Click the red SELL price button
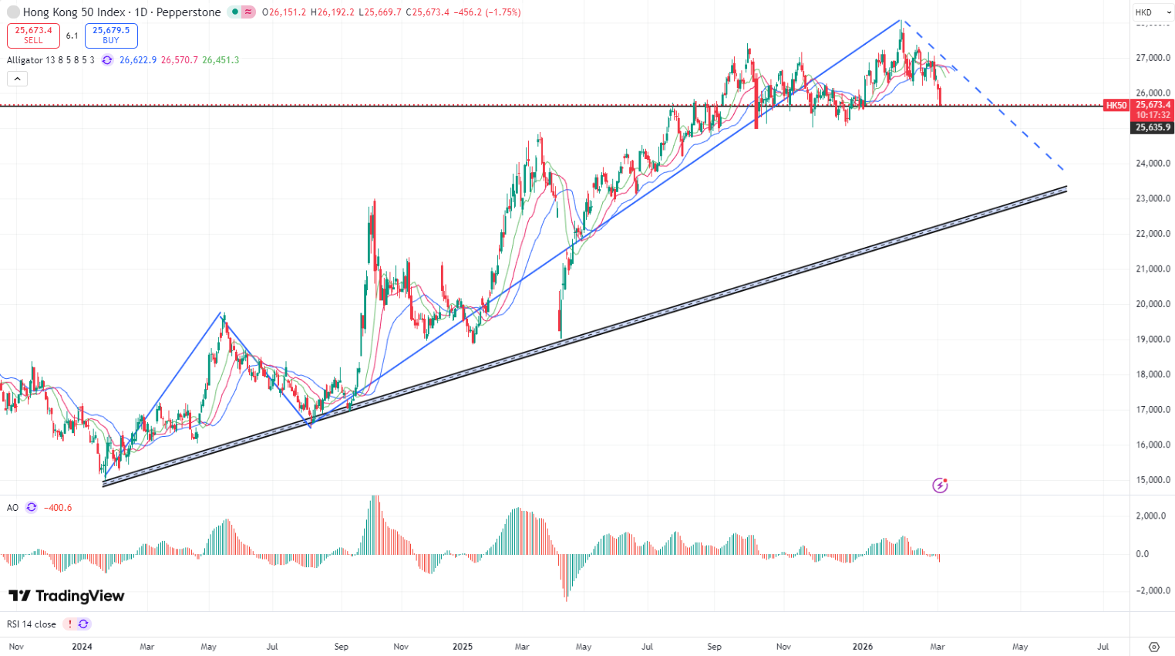(33, 36)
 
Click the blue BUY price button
(111, 36)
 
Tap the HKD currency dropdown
(1153, 12)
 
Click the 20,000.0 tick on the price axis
(1153, 304)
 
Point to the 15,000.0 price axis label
(1153, 480)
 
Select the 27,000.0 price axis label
(1153, 58)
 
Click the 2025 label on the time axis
(462, 647)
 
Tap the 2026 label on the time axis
(863, 647)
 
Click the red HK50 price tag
(1116, 106)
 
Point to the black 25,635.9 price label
(1153, 128)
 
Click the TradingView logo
(66, 596)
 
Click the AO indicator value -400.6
(58, 508)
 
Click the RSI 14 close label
(32, 624)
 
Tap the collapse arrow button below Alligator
(17, 79)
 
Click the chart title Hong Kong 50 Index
(74, 12)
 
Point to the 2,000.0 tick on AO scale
(1153, 516)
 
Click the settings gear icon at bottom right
(1154, 647)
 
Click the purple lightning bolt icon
(940, 485)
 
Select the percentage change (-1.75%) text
(503, 12)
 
